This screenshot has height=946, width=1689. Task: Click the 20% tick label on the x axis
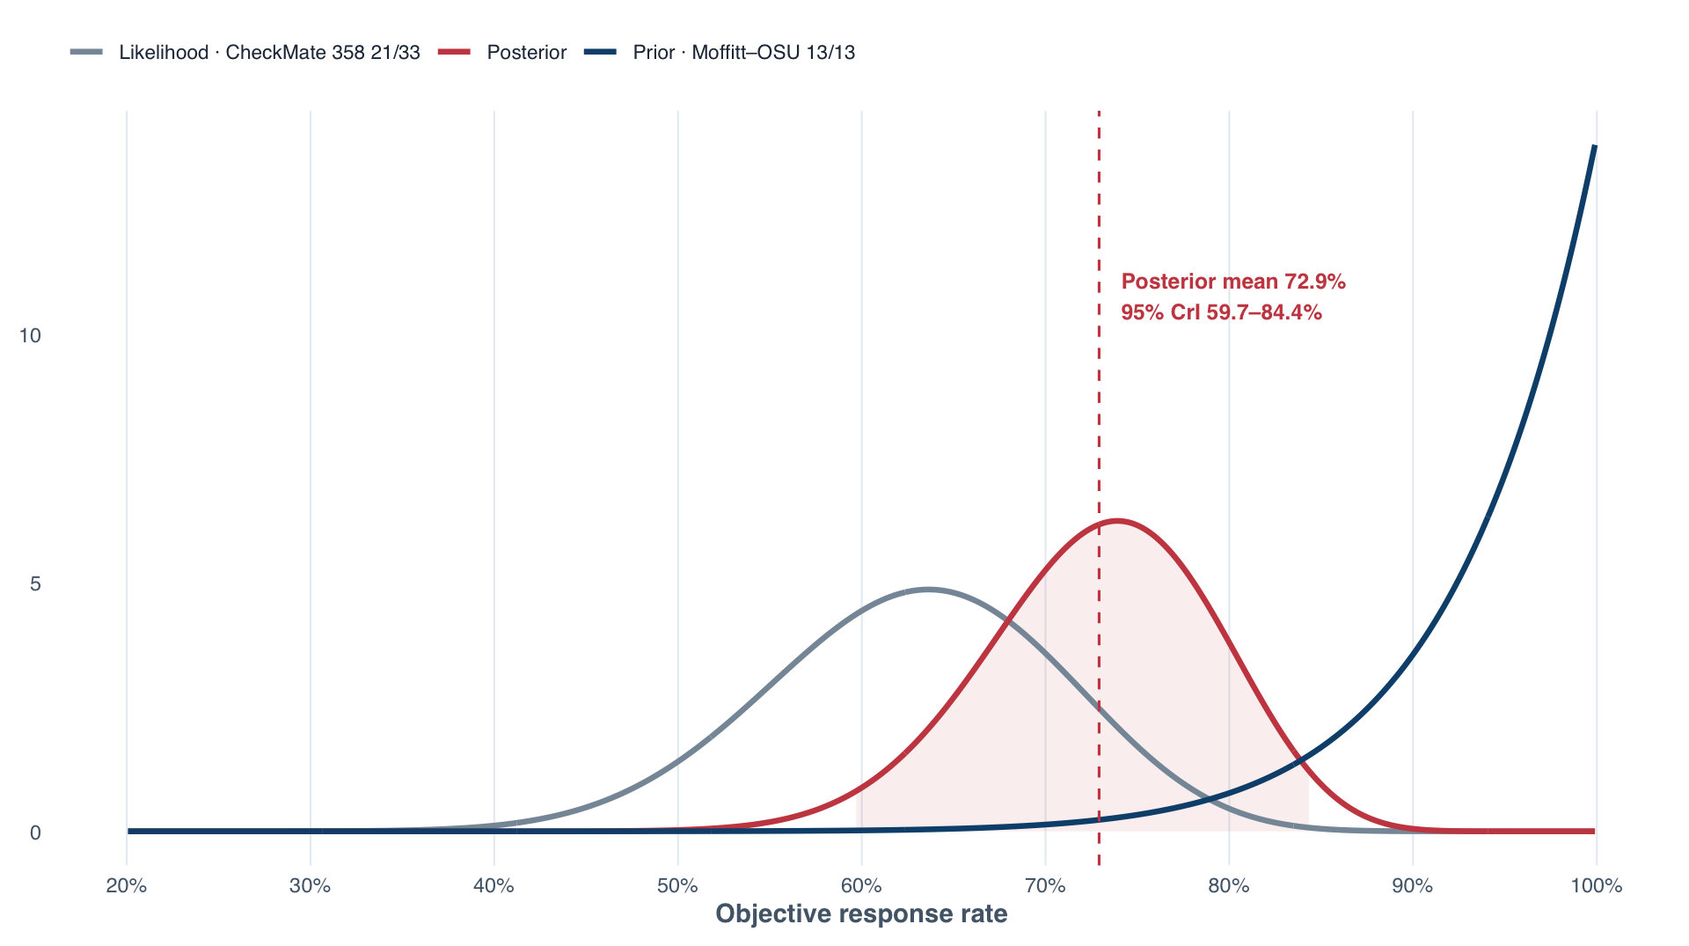[x=126, y=886]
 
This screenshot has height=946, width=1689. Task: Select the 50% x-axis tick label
[x=677, y=886]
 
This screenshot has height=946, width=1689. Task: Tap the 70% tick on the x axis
[x=1045, y=886]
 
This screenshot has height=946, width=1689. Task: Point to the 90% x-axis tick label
[x=1413, y=886]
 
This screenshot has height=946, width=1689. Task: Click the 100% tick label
[x=1596, y=886]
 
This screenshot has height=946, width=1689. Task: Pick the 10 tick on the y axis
[x=30, y=335]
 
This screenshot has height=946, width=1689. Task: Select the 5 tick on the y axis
[x=35, y=583]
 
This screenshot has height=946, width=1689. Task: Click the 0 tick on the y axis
[x=35, y=832]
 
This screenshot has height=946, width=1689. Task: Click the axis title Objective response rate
[x=861, y=914]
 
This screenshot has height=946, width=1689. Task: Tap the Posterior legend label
[x=526, y=53]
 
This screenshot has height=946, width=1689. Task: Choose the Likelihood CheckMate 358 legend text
[x=269, y=53]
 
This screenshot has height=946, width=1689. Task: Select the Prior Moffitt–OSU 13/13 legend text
[x=743, y=53]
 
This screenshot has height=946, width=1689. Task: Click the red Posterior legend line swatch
[x=455, y=52]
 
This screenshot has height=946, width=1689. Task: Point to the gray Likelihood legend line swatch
[x=87, y=52]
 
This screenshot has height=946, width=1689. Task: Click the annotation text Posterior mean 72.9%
[x=1233, y=282]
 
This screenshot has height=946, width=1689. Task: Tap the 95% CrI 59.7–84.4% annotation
[x=1221, y=312]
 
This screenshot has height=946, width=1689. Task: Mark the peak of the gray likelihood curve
[x=927, y=589]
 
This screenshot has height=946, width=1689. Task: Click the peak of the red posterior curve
[x=1116, y=520]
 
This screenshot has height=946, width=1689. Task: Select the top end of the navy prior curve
[x=1595, y=146]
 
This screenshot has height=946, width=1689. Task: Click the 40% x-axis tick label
[x=494, y=886]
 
